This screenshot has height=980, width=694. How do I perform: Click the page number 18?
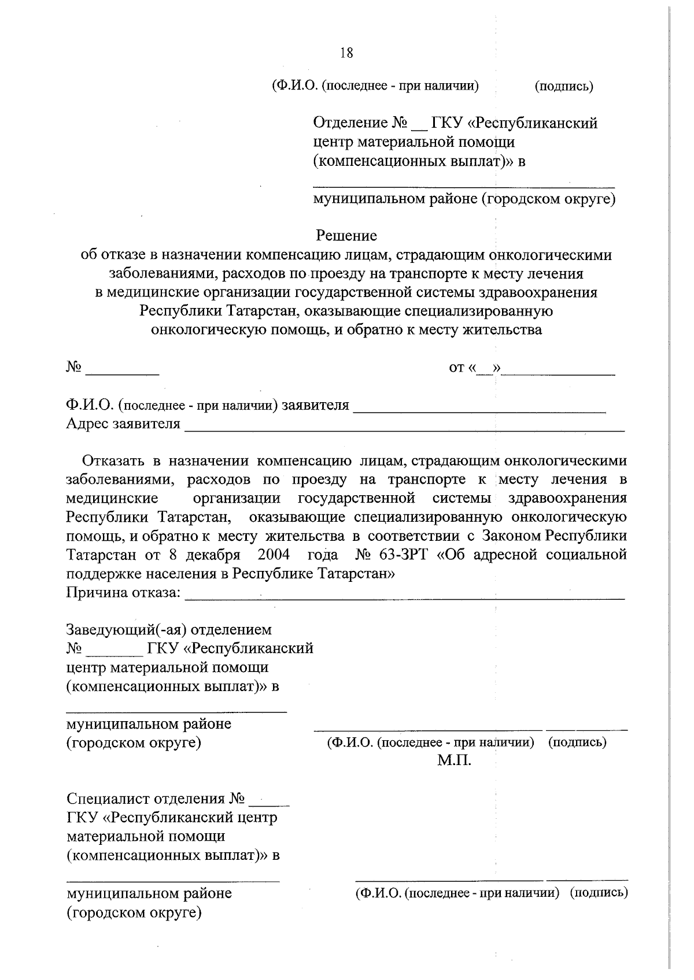coord(346,53)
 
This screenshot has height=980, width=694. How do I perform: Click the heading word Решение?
coord(346,236)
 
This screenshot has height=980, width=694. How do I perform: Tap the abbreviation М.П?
coord(454,760)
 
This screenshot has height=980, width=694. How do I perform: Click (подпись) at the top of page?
coord(564,87)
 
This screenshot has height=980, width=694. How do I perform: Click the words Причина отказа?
coord(123,593)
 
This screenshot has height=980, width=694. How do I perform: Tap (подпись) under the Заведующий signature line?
coord(577,743)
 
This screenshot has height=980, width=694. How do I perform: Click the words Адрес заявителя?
coord(123,425)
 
